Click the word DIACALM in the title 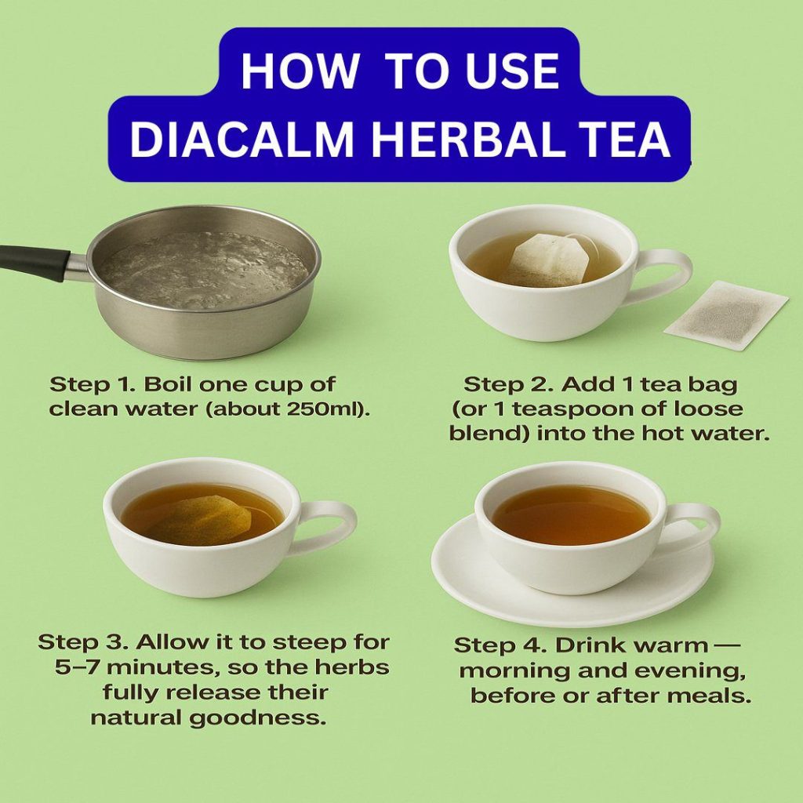click(242, 140)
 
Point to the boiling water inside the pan click(204, 271)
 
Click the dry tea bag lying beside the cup click(726, 315)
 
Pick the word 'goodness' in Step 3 click(257, 718)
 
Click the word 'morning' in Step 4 click(514, 671)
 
